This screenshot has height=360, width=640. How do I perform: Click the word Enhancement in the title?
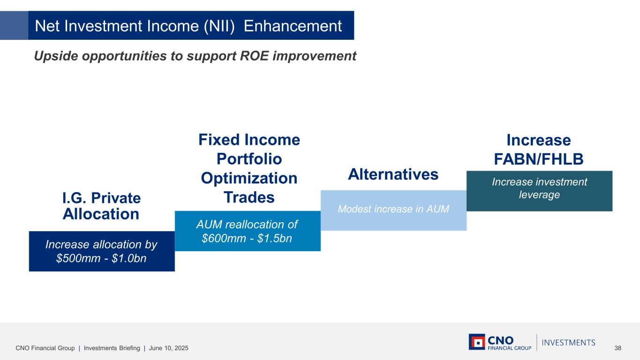(293, 26)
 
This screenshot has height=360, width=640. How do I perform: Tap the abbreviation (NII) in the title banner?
(219, 26)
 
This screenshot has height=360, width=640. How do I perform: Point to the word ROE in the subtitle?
(254, 56)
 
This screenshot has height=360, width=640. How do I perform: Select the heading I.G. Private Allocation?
(101, 206)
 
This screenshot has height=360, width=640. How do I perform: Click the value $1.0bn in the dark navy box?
(129, 258)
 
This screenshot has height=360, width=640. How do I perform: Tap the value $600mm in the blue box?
(224, 238)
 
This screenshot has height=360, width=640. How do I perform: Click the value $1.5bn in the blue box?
(275, 238)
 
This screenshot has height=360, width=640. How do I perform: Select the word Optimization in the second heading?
(249, 178)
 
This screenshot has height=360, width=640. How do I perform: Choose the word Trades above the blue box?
(249, 197)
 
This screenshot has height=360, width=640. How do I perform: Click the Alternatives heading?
(393, 174)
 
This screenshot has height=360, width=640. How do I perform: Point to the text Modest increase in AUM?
(393, 209)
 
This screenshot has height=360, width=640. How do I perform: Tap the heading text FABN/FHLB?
(539, 159)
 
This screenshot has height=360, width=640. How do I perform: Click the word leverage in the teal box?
(539, 195)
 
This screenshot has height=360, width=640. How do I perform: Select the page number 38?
(617, 348)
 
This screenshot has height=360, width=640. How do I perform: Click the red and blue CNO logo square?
(477, 342)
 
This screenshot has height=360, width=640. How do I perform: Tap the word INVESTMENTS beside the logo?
(569, 343)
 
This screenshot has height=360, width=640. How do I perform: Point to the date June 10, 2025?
(169, 348)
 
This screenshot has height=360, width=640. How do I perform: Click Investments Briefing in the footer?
(112, 348)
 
